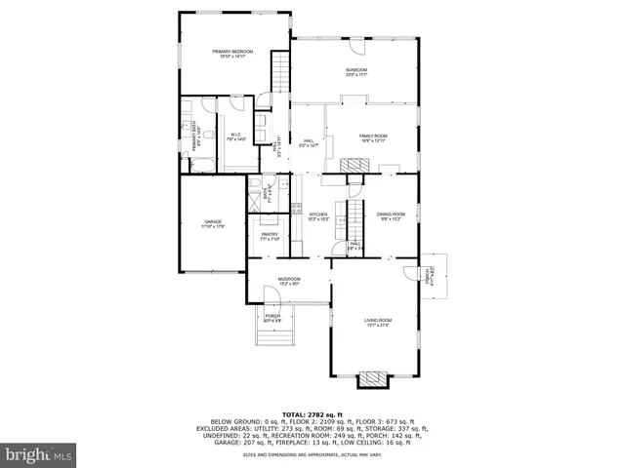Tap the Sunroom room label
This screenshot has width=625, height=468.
[355, 72]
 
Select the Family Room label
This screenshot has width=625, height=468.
[373, 137]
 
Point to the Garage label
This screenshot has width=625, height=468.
[213, 223]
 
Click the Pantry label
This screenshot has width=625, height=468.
[270, 236]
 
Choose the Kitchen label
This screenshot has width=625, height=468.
[318, 216]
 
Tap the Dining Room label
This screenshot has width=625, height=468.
[392, 215]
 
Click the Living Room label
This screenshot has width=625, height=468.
[378, 322]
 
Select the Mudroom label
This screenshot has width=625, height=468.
[289, 281]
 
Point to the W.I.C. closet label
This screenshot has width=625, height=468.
[236, 136]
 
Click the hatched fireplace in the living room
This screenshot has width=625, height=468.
[372, 378]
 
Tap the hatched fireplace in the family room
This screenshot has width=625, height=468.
[357, 167]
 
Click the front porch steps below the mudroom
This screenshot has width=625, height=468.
[271, 336]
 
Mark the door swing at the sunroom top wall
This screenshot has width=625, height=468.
[355, 48]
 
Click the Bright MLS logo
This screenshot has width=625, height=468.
[38, 453]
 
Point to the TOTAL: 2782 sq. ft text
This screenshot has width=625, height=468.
[312, 414]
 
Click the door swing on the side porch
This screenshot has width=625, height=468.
[426, 268]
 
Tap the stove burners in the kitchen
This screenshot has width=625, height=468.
[295, 207]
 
